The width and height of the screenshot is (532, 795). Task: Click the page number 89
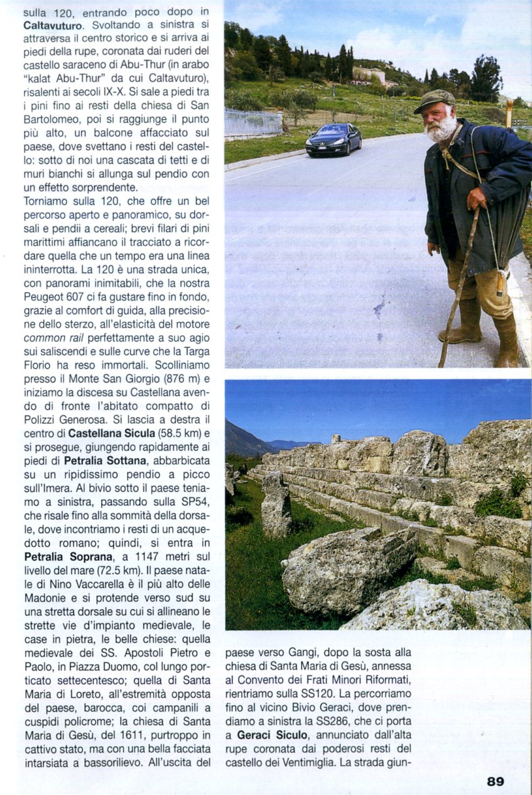[x=495, y=781]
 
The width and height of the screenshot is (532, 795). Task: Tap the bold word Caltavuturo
[x=53, y=26]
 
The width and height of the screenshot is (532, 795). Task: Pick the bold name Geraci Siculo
[x=272, y=735]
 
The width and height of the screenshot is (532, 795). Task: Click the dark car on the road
[x=334, y=139]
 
